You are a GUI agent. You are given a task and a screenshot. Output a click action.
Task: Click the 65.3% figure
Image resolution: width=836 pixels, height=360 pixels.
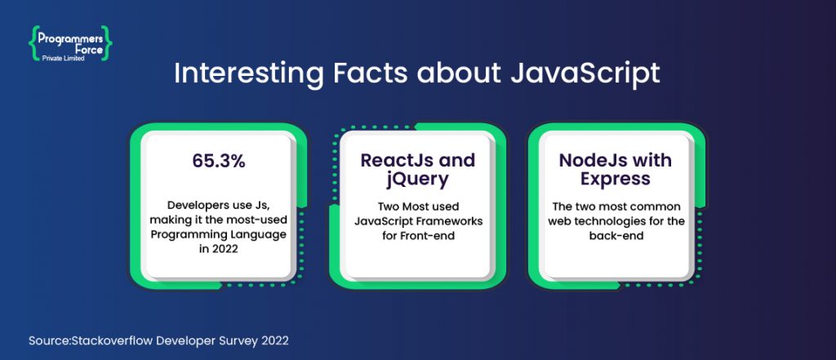[x=216, y=161]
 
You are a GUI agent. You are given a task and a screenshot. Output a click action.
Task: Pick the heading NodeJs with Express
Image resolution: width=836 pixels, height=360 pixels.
[x=616, y=169]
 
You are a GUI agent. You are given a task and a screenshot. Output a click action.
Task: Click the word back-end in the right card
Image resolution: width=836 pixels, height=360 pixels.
[x=616, y=237]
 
